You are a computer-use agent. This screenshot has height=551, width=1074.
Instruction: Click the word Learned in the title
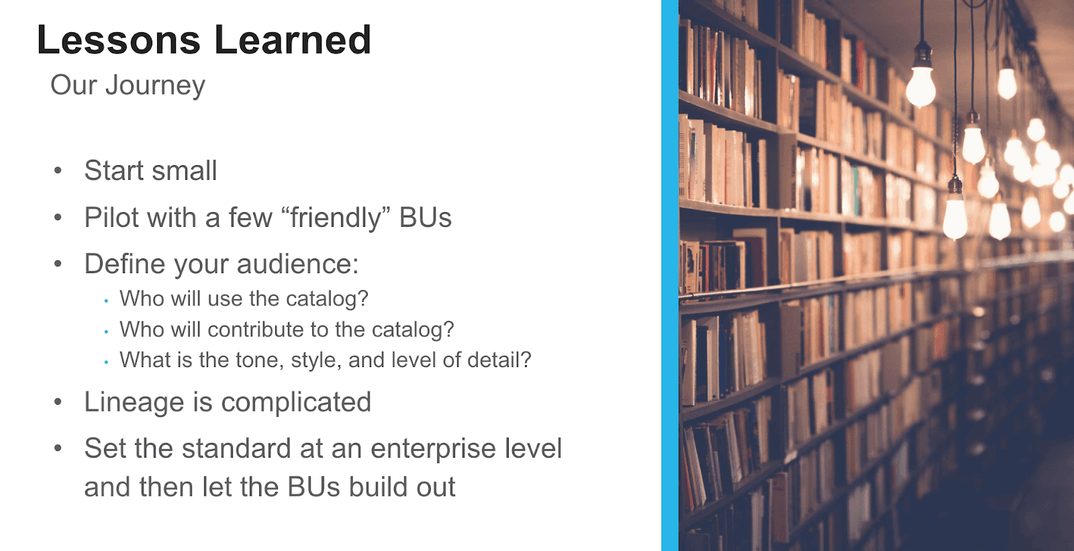(x=293, y=40)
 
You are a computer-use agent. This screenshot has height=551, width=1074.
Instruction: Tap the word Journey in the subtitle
(x=155, y=86)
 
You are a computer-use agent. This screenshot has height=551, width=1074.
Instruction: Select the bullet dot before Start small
(x=58, y=170)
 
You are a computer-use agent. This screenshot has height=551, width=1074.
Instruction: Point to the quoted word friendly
(x=336, y=218)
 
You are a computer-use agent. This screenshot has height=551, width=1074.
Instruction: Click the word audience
(x=297, y=264)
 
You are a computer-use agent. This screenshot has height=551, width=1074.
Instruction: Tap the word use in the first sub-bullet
(x=226, y=299)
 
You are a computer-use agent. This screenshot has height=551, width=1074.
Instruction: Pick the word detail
(x=498, y=360)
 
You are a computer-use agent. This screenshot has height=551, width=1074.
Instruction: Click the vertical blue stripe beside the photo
(x=669, y=275)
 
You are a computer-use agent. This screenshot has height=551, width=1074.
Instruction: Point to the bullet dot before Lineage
(x=58, y=403)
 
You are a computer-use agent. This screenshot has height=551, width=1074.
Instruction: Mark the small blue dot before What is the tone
(x=106, y=362)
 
